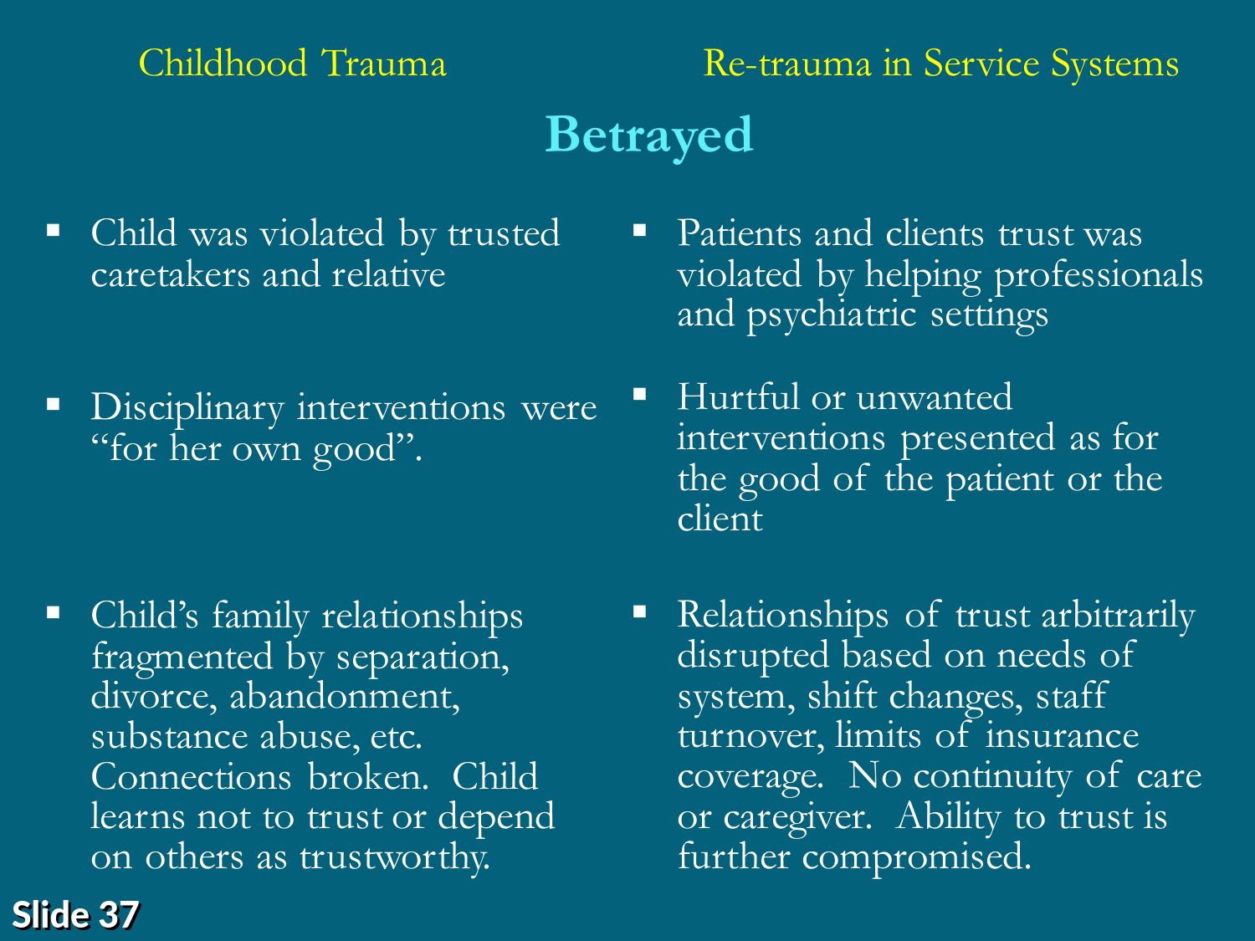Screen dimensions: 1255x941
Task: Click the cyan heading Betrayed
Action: (649, 136)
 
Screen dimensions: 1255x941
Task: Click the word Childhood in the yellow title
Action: (223, 63)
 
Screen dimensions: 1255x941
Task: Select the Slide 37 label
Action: (75, 914)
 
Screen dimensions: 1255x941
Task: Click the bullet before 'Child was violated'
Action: (54, 230)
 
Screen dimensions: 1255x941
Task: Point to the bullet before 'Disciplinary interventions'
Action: (54, 405)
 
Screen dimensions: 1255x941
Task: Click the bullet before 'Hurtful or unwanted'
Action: (640, 394)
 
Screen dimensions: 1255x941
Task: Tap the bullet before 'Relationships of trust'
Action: (640, 612)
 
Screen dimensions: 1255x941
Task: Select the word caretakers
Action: (171, 275)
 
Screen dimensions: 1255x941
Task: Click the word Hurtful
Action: (738, 396)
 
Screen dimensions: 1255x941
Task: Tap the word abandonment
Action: (345, 697)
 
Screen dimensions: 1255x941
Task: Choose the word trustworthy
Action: (395, 858)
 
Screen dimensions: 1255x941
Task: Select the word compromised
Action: (916, 858)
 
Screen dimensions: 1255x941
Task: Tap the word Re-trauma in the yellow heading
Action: (787, 64)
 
